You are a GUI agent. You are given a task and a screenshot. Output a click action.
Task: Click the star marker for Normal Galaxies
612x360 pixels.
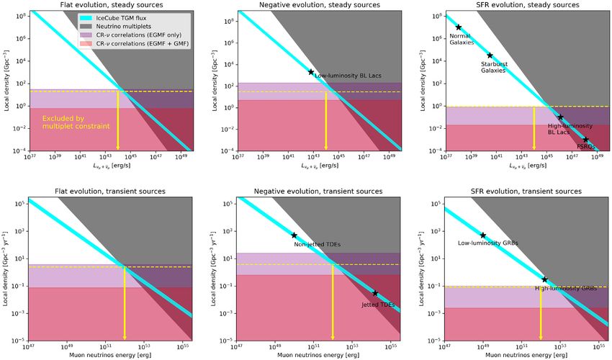(458, 27)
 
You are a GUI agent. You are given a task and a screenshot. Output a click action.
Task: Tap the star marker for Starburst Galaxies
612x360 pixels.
(490, 55)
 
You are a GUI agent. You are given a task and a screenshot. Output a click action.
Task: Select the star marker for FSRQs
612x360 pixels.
(585, 140)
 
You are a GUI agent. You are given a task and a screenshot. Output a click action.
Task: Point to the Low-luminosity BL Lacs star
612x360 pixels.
(311, 72)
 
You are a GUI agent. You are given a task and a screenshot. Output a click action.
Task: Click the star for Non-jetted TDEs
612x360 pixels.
(294, 235)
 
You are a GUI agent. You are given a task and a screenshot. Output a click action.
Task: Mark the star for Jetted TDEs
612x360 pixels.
(375, 293)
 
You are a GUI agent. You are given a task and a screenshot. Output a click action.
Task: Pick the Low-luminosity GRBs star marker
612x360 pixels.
(482, 235)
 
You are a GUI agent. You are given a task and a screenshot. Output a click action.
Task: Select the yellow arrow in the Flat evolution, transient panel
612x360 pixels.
(125, 302)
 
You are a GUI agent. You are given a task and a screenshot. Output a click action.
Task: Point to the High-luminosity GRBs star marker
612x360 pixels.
(544, 279)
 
